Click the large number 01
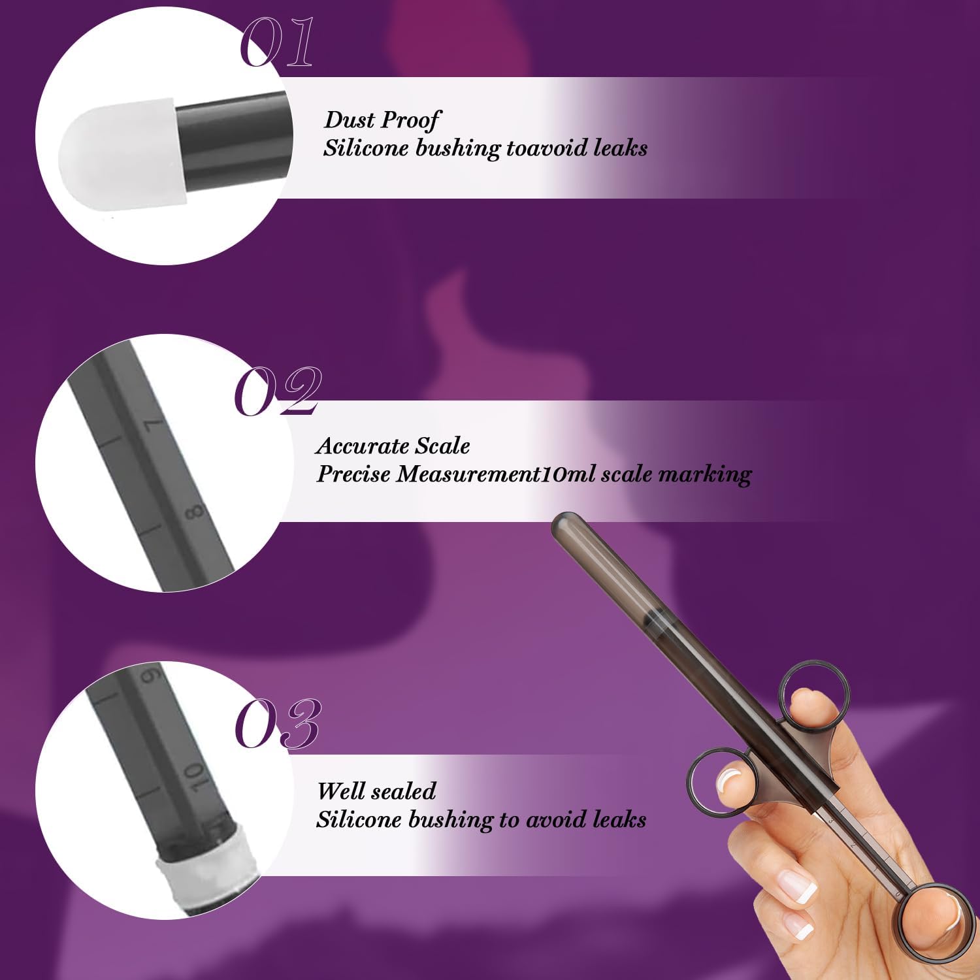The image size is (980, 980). [x=277, y=42]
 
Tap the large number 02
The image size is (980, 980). [x=278, y=391]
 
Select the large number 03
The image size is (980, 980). [x=278, y=723]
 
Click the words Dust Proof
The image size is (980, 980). [x=382, y=120]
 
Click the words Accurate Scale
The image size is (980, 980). [x=393, y=446]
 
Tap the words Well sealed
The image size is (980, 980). [x=376, y=791]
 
